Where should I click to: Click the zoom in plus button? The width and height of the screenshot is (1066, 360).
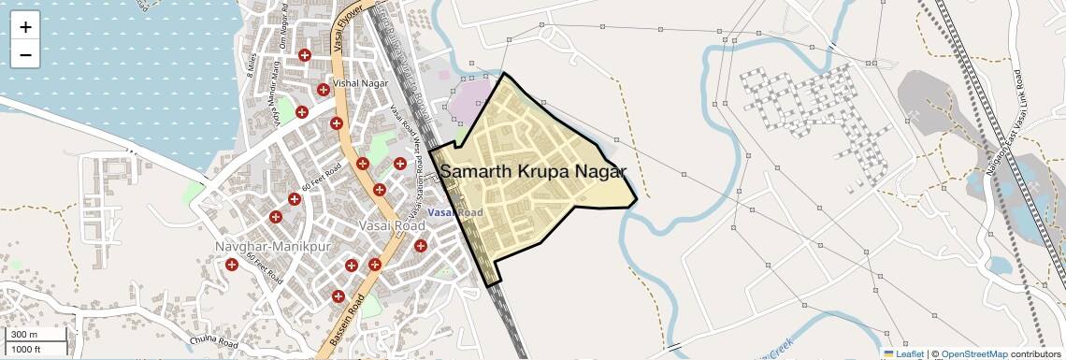click(x=25, y=27)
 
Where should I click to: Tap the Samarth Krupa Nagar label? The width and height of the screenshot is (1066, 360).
click(x=532, y=172)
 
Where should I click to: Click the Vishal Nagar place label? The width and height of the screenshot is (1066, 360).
click(x=359, y=82)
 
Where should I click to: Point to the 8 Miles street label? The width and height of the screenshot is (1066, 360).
click(x=251, y=64)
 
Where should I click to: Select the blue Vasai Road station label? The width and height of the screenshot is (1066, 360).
click(x=455, y=213)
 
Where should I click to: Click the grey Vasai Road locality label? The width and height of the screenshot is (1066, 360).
click(x=392, y=226)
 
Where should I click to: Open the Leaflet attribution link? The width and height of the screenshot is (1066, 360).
click(x=908, y=353)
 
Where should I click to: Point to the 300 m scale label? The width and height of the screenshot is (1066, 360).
click(x=24, y=335)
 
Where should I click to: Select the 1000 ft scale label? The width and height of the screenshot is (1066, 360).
click(x=27, y=349)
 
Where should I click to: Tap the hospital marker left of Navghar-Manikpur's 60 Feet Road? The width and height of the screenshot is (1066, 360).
click(x=232, y=265)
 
